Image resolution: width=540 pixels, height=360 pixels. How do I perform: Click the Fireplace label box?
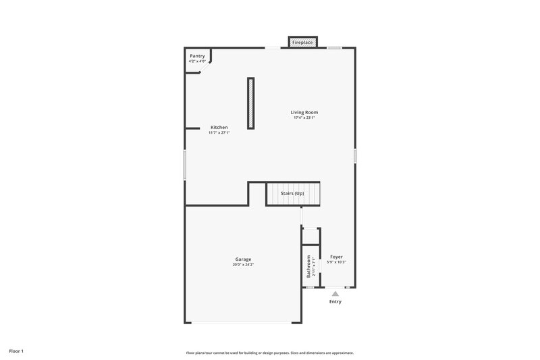302,43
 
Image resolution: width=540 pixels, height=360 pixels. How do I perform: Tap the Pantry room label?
197,56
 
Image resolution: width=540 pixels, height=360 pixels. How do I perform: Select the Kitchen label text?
219,127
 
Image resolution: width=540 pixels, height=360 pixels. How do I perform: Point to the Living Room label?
304,112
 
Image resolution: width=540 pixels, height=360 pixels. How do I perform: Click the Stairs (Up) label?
292,194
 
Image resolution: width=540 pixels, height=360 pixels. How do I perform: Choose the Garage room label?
243,259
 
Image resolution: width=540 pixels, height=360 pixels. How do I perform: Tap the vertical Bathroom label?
308,266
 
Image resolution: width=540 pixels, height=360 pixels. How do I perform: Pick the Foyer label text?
336,257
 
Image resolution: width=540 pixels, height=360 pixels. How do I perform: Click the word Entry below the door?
335,301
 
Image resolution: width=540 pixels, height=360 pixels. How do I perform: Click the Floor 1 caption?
16,351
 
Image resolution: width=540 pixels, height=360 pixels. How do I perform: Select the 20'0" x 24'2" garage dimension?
243,265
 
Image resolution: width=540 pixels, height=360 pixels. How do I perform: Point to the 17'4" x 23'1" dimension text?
304,118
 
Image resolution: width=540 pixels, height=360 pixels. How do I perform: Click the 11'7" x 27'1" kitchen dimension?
219,132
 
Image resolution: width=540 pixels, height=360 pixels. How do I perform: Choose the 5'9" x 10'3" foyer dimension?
336,262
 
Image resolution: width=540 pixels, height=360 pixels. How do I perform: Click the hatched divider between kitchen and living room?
251,103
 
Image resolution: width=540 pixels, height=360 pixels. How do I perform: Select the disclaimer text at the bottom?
270,353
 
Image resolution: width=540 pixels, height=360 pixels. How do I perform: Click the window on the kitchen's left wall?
185,164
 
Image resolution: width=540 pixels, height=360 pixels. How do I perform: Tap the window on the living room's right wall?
355,155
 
